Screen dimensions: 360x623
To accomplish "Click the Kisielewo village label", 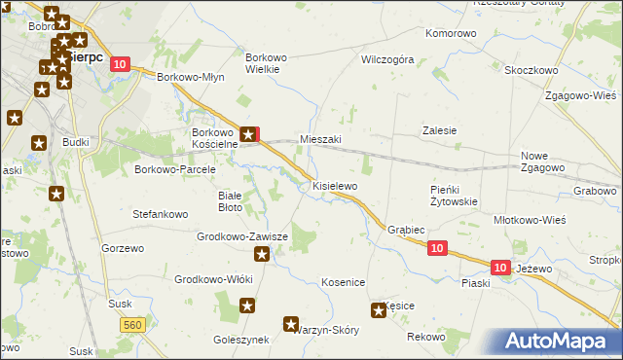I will click(x=335, y=185).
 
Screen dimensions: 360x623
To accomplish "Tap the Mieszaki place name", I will click(x=320, y=139).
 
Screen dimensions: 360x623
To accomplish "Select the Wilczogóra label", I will click(x=387, y=59).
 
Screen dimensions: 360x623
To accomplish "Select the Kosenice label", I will click(x=343, y=282).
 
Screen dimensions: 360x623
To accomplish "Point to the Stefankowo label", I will click(x=160, y=212).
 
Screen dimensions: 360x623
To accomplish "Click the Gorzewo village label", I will click(x=122, y=248).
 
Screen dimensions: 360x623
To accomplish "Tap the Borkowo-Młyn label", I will click(x=191, y=77).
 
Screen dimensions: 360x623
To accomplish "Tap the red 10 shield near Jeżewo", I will click(x=499, y=267).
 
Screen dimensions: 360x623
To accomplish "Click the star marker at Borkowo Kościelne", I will click(x=250, y=135).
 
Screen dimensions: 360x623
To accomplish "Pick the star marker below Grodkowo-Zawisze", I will click(x=262, y=255).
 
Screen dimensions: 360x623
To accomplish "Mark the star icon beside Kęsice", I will click(x=378, y=310).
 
